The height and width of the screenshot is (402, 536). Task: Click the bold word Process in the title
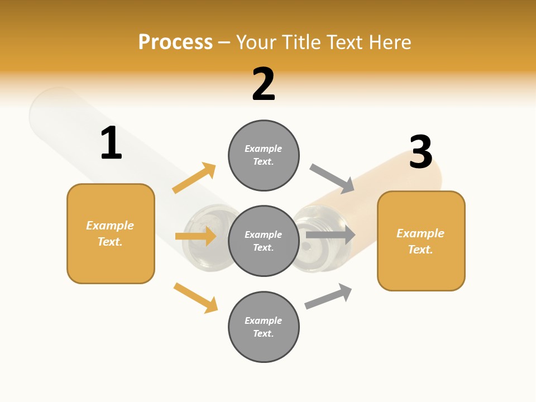point(175,42)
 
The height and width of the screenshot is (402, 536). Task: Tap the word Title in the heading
point(301,42)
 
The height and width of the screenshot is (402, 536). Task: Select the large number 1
point(111,143)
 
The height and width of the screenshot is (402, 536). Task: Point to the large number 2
point(264,84)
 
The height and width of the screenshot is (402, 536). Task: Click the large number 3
point(421,152)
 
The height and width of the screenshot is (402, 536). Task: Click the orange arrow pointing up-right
point(194,178)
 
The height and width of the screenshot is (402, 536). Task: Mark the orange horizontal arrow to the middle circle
point(196,236)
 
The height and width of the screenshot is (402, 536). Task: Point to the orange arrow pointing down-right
point(196,298)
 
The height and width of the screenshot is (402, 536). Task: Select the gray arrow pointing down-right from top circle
point(332,178)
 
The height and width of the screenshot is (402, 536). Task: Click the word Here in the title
point(390,42)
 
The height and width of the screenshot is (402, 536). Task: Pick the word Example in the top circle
point(264,149)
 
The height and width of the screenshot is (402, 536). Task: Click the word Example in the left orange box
point(110,226)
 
